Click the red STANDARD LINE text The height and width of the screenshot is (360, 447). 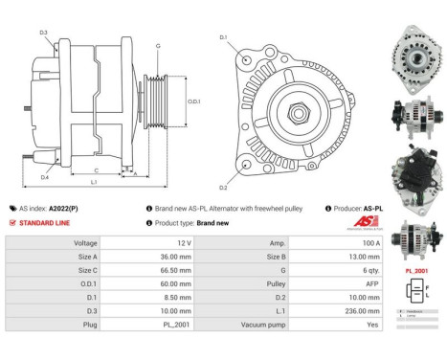[x=47, y=222]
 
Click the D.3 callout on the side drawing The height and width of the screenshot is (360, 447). [x=44, y=34]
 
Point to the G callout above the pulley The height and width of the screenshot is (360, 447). [x=158, y=46]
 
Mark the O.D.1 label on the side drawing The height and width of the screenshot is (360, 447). [x=193, y=101]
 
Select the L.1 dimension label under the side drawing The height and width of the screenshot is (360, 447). [x=93, y=181]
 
